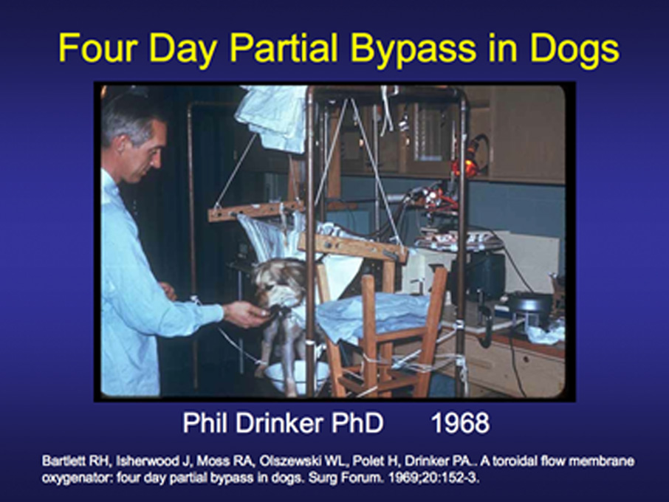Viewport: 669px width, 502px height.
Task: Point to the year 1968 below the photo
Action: (460, 423)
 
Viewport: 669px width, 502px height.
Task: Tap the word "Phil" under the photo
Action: (205, 423)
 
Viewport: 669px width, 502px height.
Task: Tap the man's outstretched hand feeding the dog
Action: (246, 314)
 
